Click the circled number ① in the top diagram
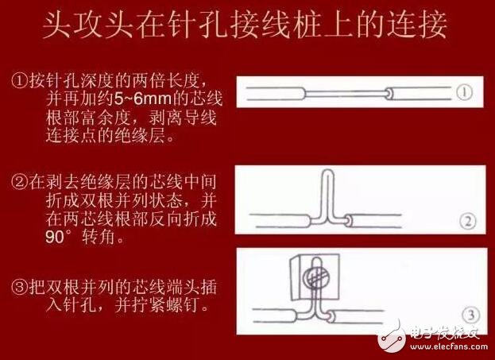pyautogui.click(x=466, y=92)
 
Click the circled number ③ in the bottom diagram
pyautogui.click(x=467, y=312)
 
